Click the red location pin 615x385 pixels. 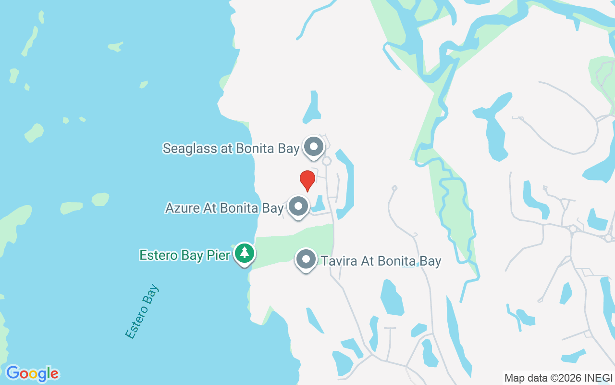(307, 180)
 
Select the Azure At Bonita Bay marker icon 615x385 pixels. (298, 206)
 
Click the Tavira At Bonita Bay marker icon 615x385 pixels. (306, 259)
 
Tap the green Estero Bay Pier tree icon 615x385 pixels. (245, 253)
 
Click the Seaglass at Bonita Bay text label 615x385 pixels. (231, 148)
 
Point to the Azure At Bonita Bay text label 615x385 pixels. (224, 208)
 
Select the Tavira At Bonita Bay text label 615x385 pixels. (381, 261)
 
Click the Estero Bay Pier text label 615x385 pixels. (185, 255)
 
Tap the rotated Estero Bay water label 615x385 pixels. (142, 312)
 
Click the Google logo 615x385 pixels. (32, 373)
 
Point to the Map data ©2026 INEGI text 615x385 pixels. (558, 378)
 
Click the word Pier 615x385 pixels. (219, 255)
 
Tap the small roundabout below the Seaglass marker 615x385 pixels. (327, 161)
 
